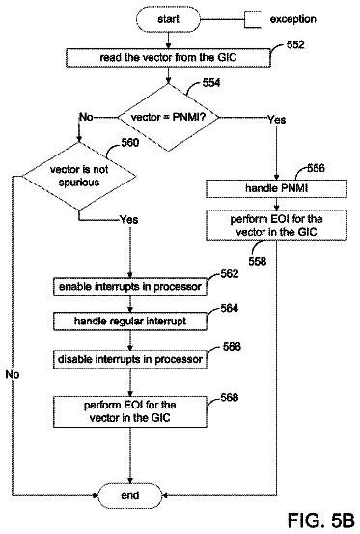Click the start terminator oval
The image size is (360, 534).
pos(168,19)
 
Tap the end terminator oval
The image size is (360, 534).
pos(130,495)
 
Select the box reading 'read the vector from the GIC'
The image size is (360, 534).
pos(168,58)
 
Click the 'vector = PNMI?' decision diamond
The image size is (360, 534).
pos(168,117)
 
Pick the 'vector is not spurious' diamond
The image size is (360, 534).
pos(79,176)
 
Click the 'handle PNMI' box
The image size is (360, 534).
pos(276,188)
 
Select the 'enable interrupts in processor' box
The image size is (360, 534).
pos(130,287)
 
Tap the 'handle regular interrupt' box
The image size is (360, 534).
pos(130,322)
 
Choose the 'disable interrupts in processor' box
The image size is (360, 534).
pos(130,359)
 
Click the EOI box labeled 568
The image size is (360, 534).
pos(130,411)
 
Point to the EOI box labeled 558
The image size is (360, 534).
pos(276,225)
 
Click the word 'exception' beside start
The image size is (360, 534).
pos(293,19)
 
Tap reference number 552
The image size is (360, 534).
pos(295,44)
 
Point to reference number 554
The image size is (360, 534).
pos(211,83)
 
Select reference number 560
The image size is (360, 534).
pos(130,142)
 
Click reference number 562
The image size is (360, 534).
pos(230,274)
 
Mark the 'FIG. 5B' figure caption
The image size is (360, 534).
pos(321,520)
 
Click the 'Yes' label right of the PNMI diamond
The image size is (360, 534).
pos(276,120)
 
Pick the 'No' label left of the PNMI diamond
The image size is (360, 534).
pos(86,117)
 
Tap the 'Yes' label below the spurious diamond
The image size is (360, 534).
pos(129,220)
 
